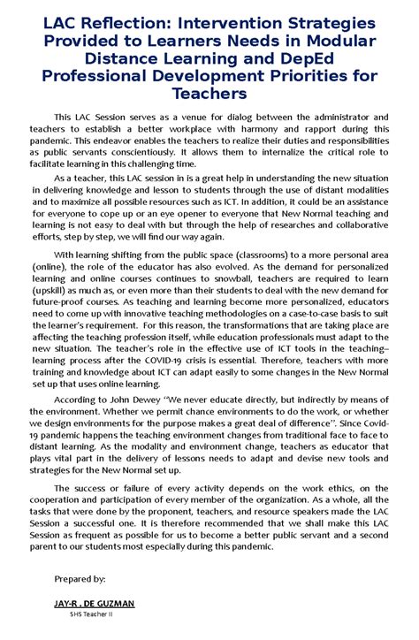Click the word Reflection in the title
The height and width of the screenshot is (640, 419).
click(128, 25)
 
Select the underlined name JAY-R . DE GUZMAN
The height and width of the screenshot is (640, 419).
click(94, 603)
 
